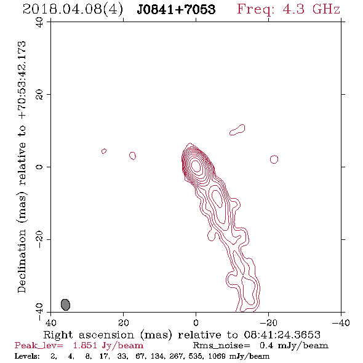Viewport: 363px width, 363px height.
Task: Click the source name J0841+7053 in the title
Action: point(176,9)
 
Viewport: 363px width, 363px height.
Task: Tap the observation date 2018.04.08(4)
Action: point(73,9)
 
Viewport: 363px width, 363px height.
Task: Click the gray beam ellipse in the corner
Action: point(65,305)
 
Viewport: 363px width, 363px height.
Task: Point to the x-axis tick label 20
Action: point(123,322)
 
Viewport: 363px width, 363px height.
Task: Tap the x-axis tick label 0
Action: point(196,322)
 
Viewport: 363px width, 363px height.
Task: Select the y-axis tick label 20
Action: point(39,95)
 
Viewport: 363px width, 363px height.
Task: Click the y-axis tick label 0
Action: point(39,167)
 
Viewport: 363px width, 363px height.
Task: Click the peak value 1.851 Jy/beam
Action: point(108,345)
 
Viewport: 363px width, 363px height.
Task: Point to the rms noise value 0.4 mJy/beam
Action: point(293,345)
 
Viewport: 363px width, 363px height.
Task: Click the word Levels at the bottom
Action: point(27,356)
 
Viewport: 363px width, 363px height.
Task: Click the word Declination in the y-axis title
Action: point(22,261)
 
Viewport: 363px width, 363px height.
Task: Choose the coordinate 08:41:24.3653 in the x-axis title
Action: point(282,335)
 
